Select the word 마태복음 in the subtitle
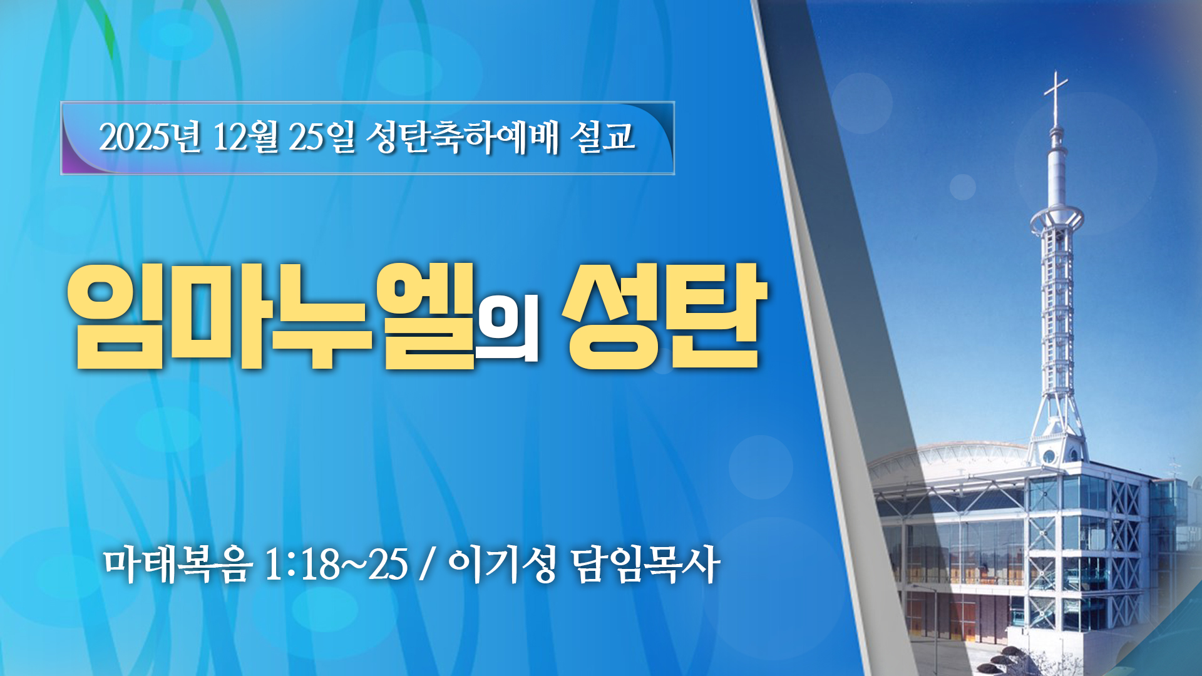pos(178,565)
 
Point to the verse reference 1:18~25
pos(337,565)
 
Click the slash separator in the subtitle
pos(428,565)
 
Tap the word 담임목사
pos(645,565)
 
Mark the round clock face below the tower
pos(1049,456)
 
